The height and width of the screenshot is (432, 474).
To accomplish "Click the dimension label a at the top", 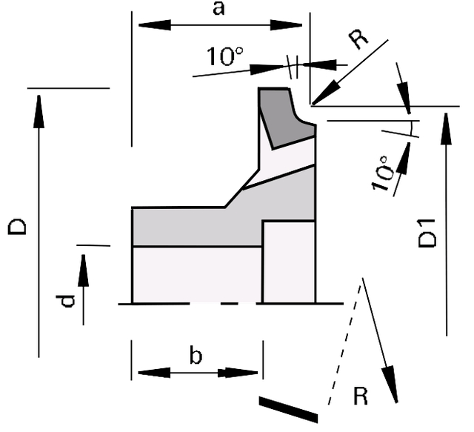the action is [x=218, y=8].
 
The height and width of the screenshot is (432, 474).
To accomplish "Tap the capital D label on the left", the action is [x=16, y=226].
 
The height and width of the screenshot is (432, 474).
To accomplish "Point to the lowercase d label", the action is [x=65, y=300].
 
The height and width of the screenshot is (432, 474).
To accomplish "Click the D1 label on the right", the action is [x=427, y=233].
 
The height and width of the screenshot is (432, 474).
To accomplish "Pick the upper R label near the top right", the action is [x=358, y=39].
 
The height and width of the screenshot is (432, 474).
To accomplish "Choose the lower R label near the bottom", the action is [x=361, y=396].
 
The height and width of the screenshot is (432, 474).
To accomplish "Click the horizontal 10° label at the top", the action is [x=225, y=56].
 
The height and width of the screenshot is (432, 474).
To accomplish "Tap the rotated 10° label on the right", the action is [x=383, y=173].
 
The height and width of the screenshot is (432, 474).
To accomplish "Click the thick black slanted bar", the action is [x=288, y=409].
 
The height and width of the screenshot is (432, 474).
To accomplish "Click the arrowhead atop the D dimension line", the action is [x=39, y=111].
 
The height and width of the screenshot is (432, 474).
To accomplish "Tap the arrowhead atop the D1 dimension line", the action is [x=446, y=129].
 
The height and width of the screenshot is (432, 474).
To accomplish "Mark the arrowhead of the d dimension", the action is [x=84, y=270].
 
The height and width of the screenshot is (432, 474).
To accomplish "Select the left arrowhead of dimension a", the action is [x=154, y=24].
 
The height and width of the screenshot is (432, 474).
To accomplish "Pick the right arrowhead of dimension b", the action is [x=238, y=373].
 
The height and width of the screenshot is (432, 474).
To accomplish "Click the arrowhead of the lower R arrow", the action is [x=390, y=384].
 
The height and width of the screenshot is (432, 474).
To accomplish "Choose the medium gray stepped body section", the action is [x=224, y=218].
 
